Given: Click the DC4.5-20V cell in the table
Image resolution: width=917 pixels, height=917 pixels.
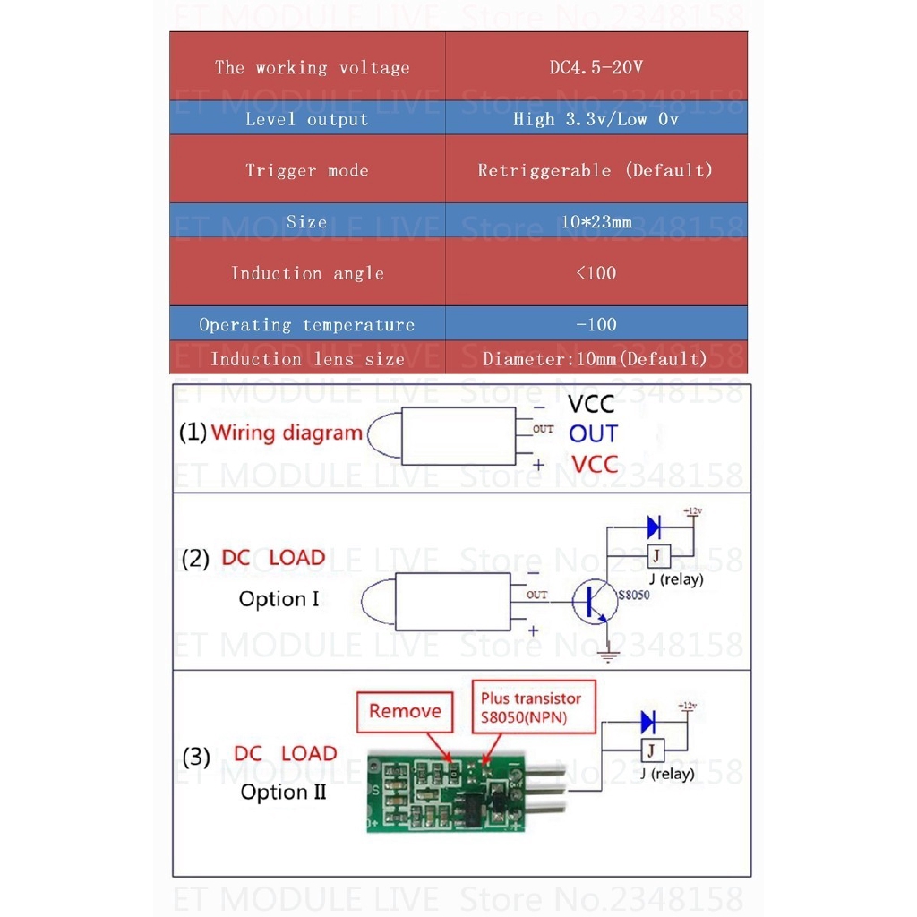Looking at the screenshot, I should click(x=596, y=68).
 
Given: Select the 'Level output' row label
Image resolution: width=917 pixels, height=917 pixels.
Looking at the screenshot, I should click(x=307, y=119).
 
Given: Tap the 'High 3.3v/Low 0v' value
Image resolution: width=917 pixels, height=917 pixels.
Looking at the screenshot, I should click(x=596, y=119).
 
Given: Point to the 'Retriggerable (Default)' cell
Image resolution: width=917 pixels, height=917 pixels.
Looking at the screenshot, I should click(x=596, y=170).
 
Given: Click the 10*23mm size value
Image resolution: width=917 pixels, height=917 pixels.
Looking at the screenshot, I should click(x=596, y=222).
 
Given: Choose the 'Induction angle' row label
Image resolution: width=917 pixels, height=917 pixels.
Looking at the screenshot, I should click(x=307, y=273).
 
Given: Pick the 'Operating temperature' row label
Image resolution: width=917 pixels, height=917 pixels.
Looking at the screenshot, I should click(x=307, y=325).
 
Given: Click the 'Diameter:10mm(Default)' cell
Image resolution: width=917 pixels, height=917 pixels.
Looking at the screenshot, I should click(x=596, y=359).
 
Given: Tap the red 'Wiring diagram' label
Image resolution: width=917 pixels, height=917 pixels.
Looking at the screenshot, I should click(x=287, y=433).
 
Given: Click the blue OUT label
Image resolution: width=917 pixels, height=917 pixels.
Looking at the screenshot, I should click(x=593, y=434).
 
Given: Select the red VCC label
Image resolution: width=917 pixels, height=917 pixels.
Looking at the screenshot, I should click(x=595, y=464).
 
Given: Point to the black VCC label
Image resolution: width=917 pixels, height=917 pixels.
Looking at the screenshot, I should click(x=591, y=406).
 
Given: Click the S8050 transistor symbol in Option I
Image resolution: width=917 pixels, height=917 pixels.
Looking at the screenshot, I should click(x=594, y=603).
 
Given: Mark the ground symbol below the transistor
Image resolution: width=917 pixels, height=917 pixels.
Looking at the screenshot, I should click(x=608, y=656).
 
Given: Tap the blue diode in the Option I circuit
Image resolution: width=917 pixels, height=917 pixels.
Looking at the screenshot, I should click(x=655, y=527).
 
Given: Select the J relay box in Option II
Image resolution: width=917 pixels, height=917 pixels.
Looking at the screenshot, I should click(x=653, y=750).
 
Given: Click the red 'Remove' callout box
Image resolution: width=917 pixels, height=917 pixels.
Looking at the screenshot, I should click(x=405, y=712).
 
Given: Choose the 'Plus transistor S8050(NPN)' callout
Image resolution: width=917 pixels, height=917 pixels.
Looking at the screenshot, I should click(x=530, y=707).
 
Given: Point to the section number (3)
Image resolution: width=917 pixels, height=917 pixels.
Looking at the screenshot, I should click(x=196, y=757).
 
